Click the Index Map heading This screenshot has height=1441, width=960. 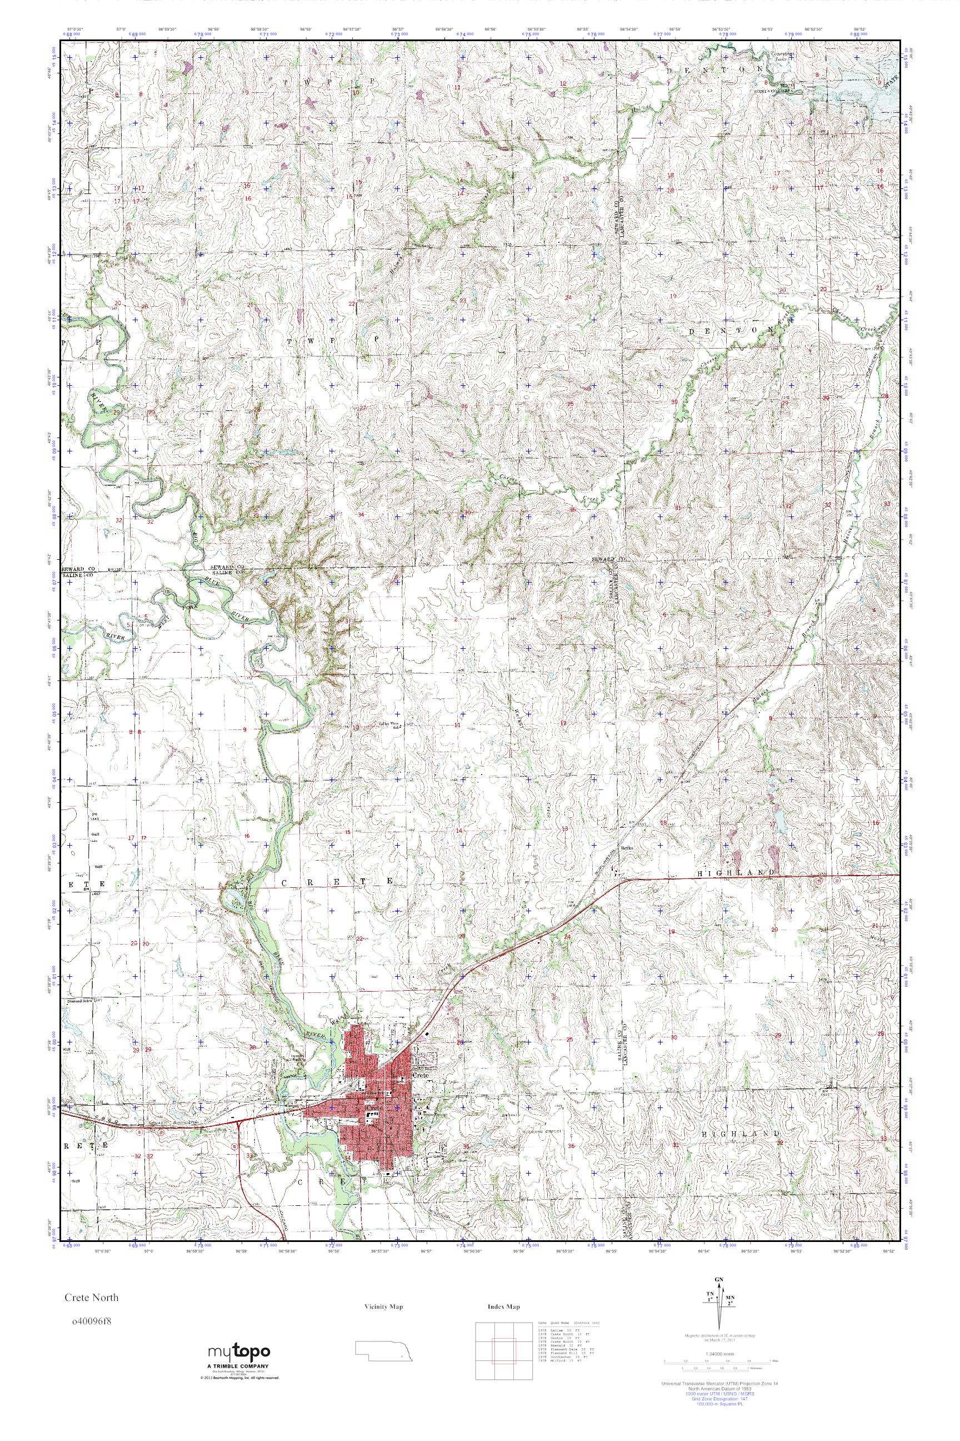coord(503,1307)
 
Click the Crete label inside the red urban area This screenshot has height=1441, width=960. coord(421,1075)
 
